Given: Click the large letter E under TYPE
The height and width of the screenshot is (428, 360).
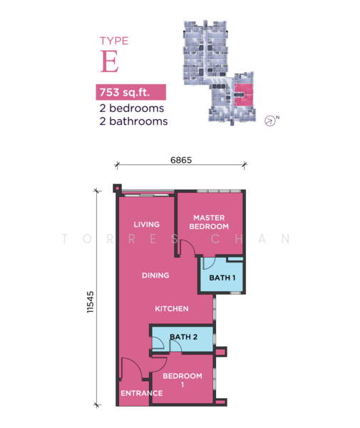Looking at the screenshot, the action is click(109, 61).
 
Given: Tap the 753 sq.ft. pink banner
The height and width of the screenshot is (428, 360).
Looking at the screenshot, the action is click(131, 92).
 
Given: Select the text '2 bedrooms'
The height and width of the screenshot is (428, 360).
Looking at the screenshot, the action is click(132, 108).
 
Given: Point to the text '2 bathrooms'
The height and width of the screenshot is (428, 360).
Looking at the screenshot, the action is click(133, 121).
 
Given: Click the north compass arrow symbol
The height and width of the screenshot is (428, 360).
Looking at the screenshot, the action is click(269, 121).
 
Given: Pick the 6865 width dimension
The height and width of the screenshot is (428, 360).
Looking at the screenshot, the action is click(181, 160).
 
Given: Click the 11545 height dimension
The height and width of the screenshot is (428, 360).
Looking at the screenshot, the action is click(91, 302).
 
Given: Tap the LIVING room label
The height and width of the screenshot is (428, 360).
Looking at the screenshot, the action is click(146, 225).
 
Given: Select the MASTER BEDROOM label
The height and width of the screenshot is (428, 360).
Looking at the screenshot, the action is click(209, 222).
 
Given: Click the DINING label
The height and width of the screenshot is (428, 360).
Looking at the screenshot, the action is click(155, 275).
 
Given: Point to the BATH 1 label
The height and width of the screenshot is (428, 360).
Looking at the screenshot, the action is click(222, 278).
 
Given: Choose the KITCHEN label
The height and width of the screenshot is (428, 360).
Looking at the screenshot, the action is click(172, 309).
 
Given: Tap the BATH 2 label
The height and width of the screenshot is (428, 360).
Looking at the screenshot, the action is click(183, 337).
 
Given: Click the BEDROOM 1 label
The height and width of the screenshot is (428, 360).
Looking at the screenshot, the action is click(182, 380).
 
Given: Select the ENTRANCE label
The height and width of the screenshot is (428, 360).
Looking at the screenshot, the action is click(142, 393).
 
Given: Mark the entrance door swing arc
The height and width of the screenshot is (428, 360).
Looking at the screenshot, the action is click(135, 363).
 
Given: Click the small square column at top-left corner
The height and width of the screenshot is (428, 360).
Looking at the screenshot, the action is click(118, 188).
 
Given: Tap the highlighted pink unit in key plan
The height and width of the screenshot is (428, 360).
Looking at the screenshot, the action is click(244, 95).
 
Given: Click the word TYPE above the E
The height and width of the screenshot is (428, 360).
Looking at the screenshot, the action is click(114, 41).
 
